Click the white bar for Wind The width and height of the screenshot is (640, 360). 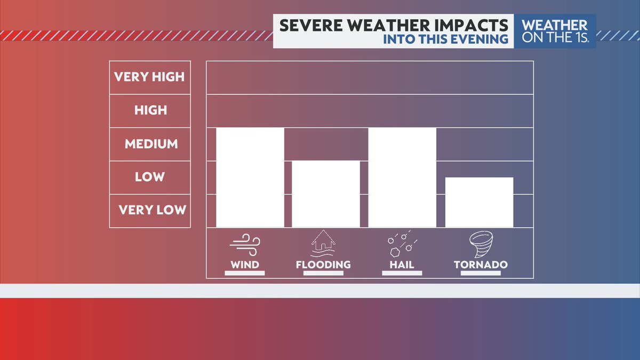pos(250,178)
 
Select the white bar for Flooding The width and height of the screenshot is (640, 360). pos(326,194)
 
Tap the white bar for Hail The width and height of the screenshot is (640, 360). pos(402,178)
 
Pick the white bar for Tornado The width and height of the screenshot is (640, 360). pos(479,202)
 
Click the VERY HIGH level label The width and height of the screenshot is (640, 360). pos(149,77)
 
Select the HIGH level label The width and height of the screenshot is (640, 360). pos(150,110)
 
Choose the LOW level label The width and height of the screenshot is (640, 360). pos(150,177)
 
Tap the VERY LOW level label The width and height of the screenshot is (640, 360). pos(152,210)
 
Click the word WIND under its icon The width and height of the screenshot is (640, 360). pos(245,265)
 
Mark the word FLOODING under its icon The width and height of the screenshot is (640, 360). pos(323,265)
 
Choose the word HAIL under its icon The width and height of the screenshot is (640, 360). pos(402,265)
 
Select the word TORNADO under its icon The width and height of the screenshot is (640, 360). pos(481,265)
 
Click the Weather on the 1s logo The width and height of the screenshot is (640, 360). pos(555,31)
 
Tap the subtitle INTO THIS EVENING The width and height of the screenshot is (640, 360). pos(445,39)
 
